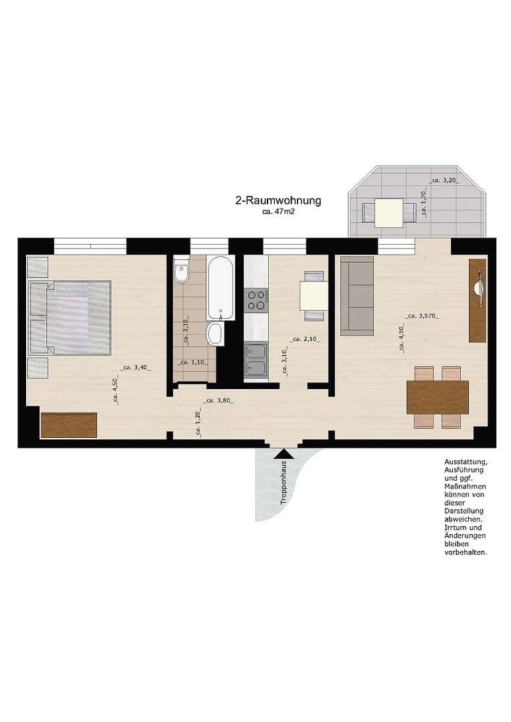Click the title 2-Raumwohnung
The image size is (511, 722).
pos(278,200)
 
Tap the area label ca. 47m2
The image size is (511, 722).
pos(279,212)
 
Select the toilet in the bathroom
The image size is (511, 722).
pos(181,271)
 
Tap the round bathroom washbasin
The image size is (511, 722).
pos(215,333)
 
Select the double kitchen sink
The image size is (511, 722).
pos(255,360)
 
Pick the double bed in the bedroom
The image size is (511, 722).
pos(70,317)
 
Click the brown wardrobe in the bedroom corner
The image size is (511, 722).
pos(69,425)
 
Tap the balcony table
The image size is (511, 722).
pos(389,213)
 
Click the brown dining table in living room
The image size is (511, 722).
pos(437,397)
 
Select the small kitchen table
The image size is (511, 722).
pos(314,295)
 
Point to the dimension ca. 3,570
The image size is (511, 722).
pos(422,316)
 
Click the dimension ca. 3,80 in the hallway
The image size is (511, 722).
pos(219,401)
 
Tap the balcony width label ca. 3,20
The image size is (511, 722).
pos(445,180)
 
